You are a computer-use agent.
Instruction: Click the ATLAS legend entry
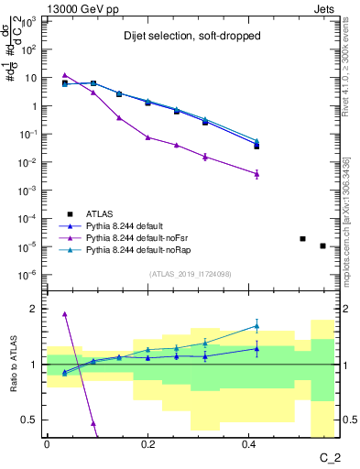point(98,213)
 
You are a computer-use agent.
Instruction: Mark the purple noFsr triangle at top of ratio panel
point(65,314)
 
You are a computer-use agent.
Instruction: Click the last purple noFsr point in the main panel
point(257,173)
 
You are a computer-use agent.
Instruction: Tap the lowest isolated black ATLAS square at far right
point(322,245)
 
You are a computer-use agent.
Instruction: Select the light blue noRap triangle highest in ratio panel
point(257,326)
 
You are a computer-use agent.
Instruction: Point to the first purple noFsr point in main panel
point(65,75)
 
